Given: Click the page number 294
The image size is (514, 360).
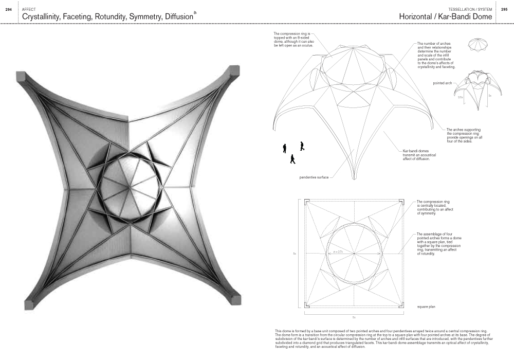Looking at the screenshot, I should (8, 10).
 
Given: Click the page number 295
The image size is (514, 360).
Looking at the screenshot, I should (505, 10).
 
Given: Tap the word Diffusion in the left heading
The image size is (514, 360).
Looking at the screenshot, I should (178, 17).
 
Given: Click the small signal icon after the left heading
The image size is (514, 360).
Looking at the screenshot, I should (195, 12).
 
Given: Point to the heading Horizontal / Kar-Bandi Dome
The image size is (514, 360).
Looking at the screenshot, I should (445, 17).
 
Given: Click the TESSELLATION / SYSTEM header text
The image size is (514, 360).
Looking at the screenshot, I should (470, 10).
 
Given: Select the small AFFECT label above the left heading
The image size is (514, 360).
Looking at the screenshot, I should (29, 10).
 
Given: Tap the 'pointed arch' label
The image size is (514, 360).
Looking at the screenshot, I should (443, 83).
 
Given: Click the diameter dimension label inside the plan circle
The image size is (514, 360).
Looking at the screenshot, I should (338, 252).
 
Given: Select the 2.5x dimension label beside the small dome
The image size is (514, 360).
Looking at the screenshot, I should (461, 97).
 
